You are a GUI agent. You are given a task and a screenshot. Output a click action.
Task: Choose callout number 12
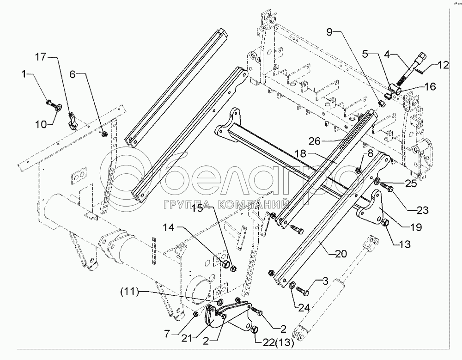443,66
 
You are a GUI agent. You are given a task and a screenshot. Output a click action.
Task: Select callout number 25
410,183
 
